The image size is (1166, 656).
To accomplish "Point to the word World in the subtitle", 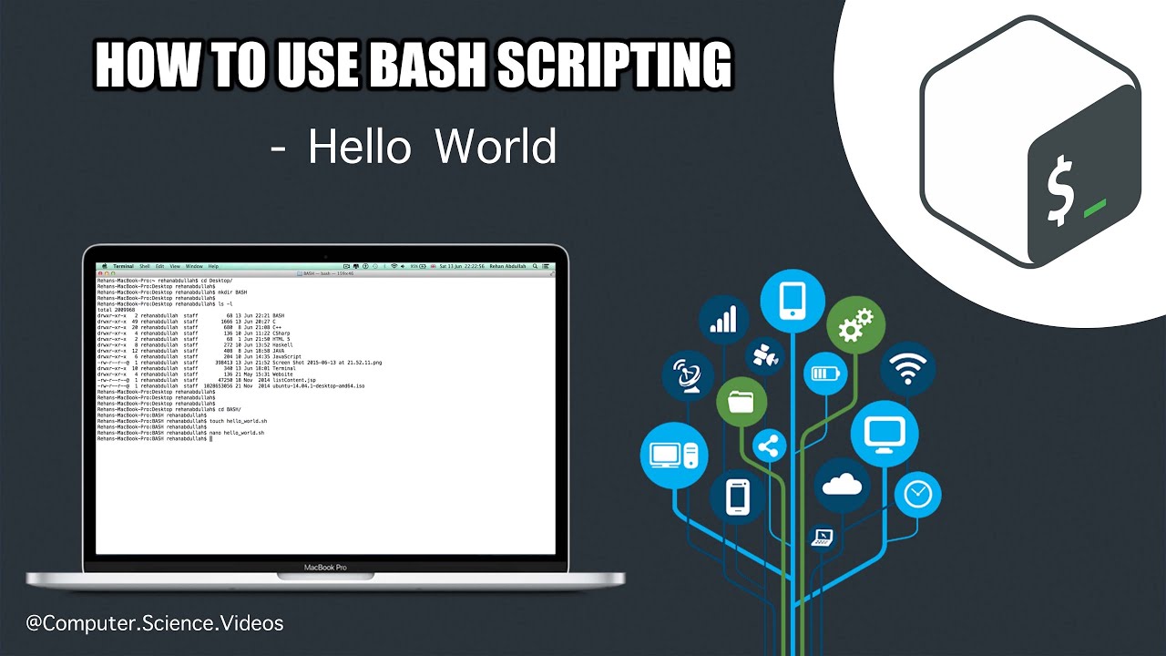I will (495, 147).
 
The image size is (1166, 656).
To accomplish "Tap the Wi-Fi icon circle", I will (908, 369).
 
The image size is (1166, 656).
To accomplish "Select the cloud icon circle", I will (842, 487).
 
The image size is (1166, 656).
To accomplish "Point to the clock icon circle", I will (917, 495).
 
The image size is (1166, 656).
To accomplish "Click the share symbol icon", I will (770, 446).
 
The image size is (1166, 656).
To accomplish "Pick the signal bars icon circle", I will (723, 320).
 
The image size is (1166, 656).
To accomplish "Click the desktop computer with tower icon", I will (674, 452).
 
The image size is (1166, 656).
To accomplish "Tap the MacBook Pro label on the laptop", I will (325, 568).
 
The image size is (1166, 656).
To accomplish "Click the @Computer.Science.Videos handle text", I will (155, 624).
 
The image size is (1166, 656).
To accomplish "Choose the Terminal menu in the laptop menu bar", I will (123, 266).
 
